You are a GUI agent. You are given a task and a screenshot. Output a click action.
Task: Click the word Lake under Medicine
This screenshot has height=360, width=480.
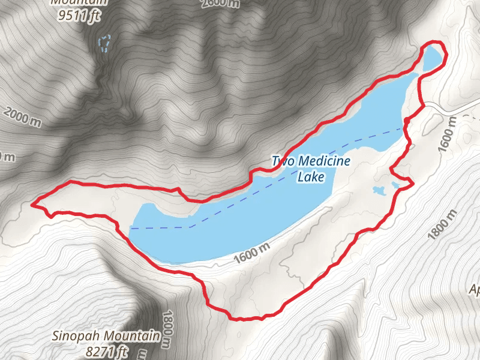click(x=311, y=177)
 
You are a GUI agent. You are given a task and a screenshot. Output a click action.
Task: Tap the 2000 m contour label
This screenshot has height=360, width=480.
click(x=22, y=118)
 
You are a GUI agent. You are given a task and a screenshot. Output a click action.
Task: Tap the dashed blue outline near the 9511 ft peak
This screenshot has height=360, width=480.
click(x=104, y=43)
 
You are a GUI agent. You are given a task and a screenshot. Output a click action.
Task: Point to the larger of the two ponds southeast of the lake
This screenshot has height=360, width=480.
click(x=379, y=191)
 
